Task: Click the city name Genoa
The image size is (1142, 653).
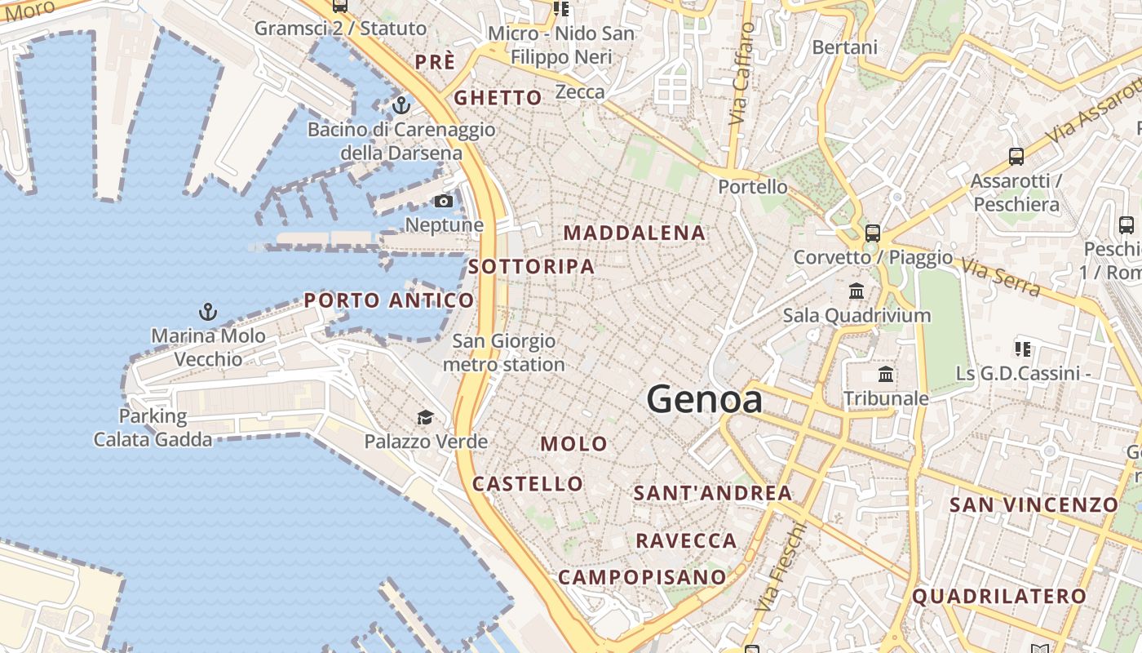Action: pos(705,400)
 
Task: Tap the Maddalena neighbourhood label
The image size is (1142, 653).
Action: pos(635,233)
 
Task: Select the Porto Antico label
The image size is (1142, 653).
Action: pos(389,300)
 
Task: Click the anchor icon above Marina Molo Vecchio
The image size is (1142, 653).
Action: pos(208,311)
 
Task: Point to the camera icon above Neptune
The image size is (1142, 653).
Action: pos(444,201)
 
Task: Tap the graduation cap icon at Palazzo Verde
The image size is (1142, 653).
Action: pos(425,418)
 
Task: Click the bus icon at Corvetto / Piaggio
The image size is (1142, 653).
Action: pos(873,233)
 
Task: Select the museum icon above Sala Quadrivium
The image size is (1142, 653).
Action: pos(856,291)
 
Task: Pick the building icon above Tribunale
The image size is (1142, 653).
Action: pos(886,375)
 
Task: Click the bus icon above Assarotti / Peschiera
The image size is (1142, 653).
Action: pos(1016,156)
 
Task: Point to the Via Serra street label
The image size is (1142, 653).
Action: pos(1000,278)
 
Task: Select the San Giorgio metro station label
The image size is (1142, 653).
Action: pos(504,353)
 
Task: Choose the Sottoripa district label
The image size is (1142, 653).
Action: pos(532,267)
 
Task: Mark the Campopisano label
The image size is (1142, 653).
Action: pos(642,577)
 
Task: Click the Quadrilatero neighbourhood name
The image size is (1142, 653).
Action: pos(999,597)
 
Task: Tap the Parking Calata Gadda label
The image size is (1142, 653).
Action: pos(153,428)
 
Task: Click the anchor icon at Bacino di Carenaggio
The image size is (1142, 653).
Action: pos(401,105)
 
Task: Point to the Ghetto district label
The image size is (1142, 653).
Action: pos(498,98)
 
